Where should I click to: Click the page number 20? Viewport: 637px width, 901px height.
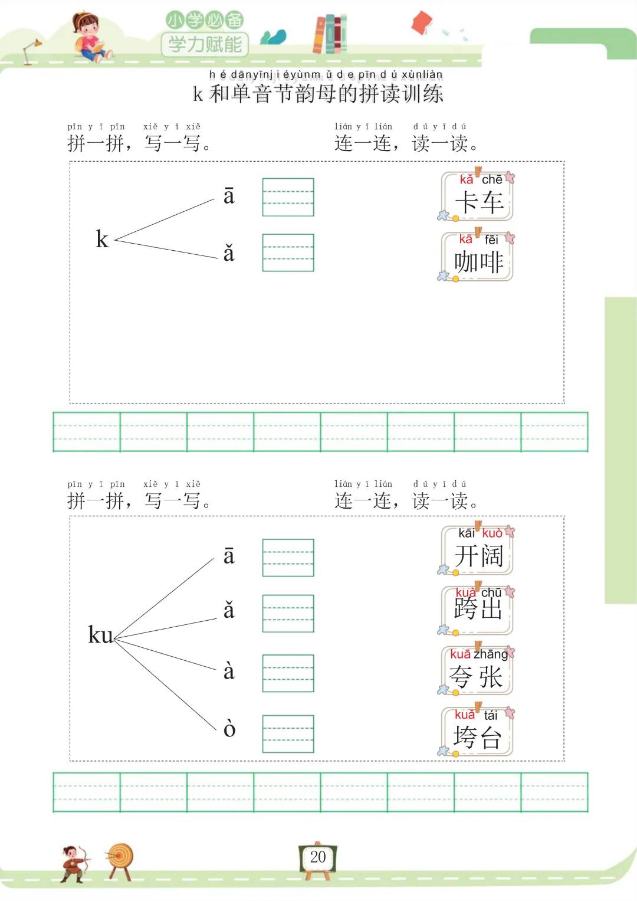pos(318,857)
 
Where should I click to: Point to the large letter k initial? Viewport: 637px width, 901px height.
pos(102,239)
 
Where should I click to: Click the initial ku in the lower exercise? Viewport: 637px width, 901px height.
pos(100,635)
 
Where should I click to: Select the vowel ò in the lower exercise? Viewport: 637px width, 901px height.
pos(229,729)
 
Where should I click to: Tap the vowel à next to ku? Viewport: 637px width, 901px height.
pos(229,671)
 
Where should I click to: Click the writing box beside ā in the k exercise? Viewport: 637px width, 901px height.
pos(288,197)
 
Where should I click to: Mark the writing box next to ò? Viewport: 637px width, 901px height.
pos(288,733)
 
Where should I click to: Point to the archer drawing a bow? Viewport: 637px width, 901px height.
pos(74,863)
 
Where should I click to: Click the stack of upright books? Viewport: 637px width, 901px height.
pos(330,34)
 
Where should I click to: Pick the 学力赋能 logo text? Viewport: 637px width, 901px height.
pos(205,44)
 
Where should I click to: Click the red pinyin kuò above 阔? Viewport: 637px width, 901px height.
pos(492,533)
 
